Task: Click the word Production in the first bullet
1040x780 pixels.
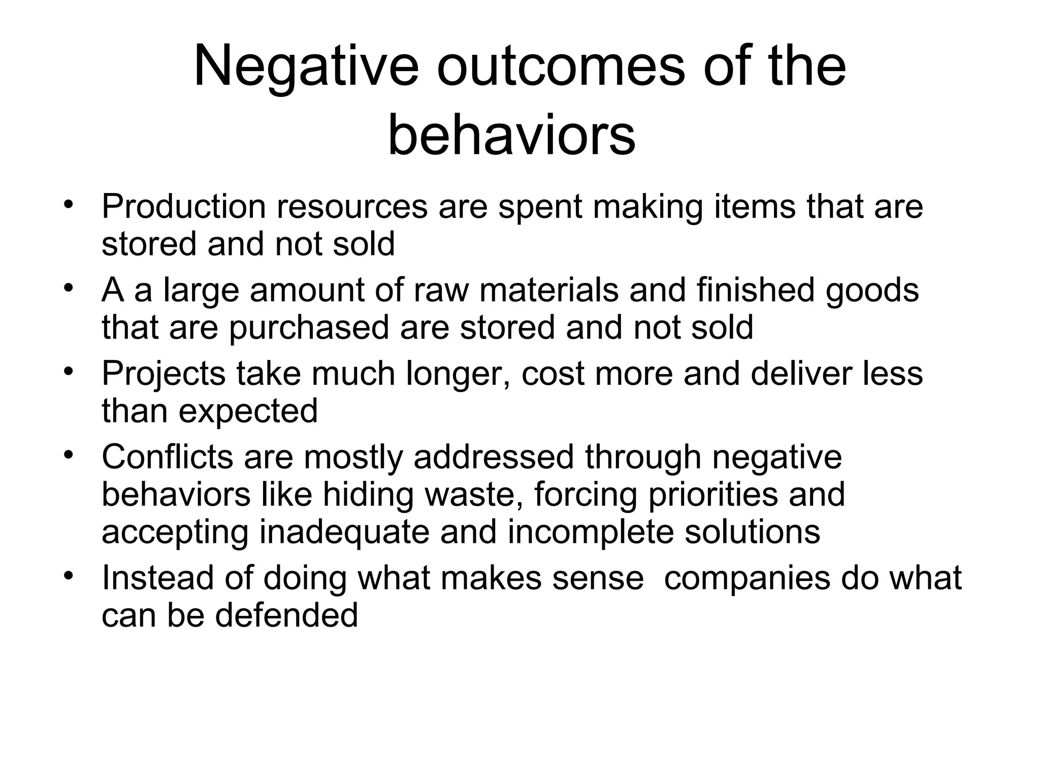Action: point(183,207)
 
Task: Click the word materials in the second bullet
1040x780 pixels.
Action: point(549,290)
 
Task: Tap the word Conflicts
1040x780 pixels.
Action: point(168,457)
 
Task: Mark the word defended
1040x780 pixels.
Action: point(286,615)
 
